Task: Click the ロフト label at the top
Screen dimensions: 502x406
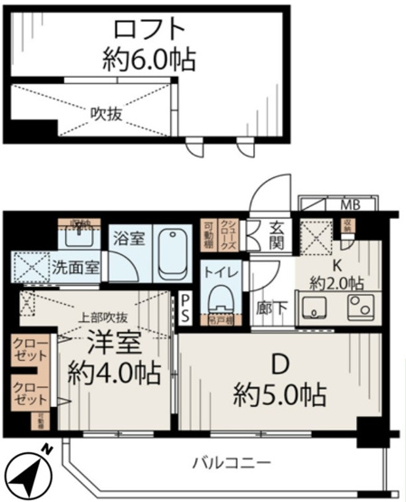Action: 148,27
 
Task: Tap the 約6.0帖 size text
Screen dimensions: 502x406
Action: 148,61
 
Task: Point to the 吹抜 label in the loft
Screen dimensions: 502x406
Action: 101,113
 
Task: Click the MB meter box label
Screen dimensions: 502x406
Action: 349,204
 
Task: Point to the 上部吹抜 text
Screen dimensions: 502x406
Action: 102,317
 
